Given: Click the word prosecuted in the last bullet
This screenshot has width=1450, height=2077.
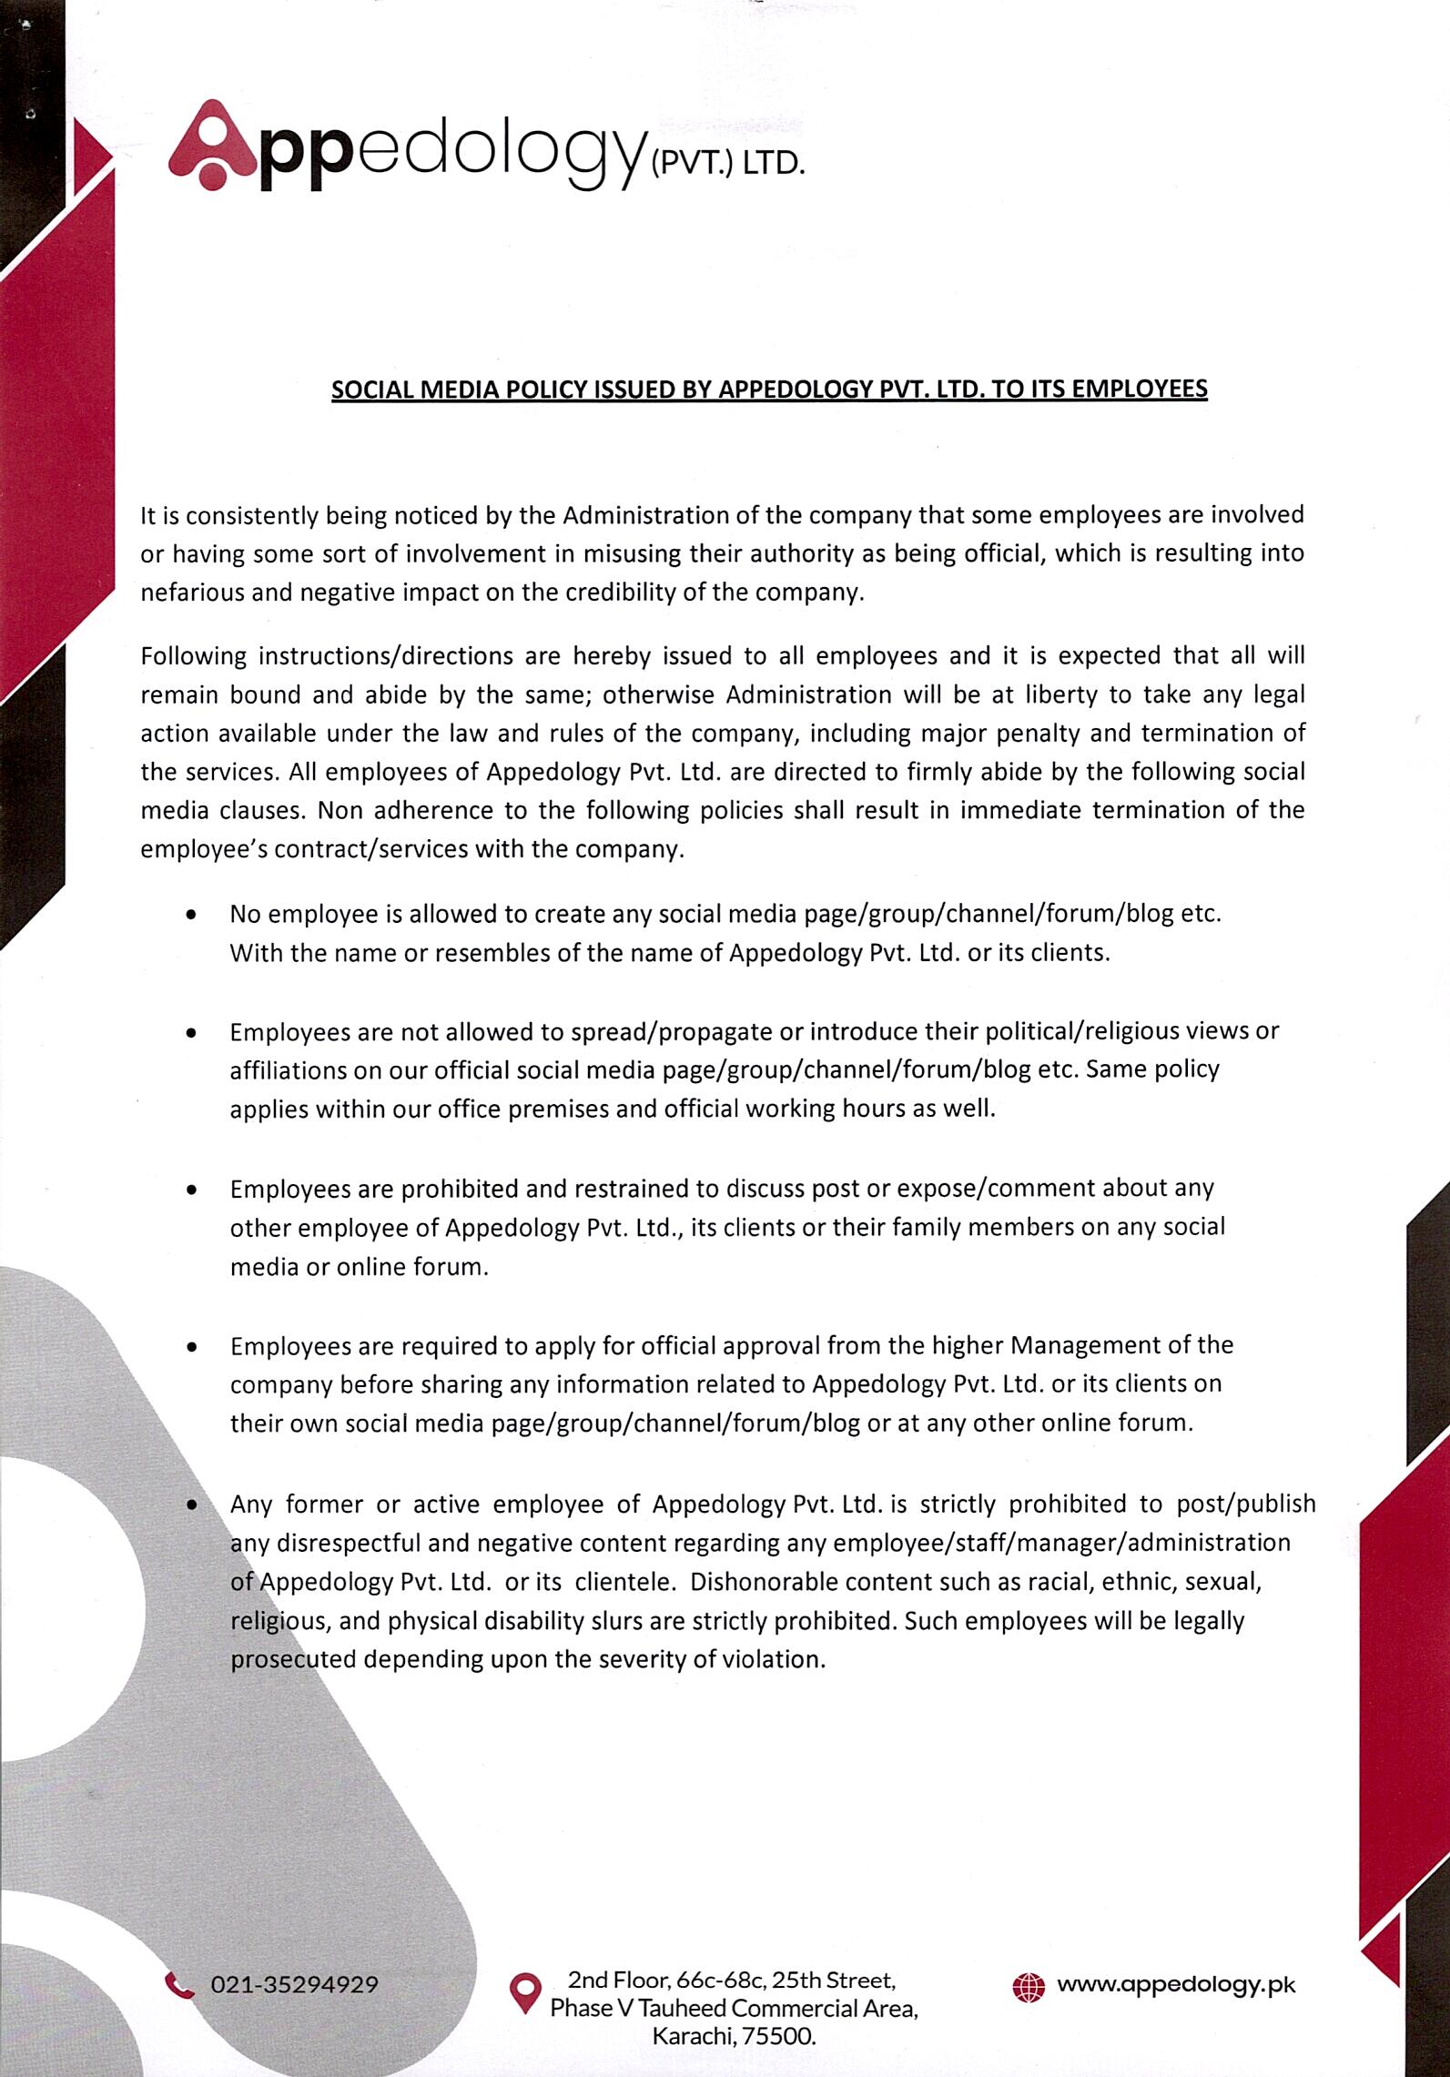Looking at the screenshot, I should pos(292,1658).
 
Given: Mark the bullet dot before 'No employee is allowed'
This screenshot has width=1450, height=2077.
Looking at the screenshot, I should pos(191,915).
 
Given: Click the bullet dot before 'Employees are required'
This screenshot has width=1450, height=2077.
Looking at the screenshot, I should pos(191,1345).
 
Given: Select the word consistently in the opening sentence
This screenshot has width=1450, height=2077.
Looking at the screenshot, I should pos(241,516).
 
